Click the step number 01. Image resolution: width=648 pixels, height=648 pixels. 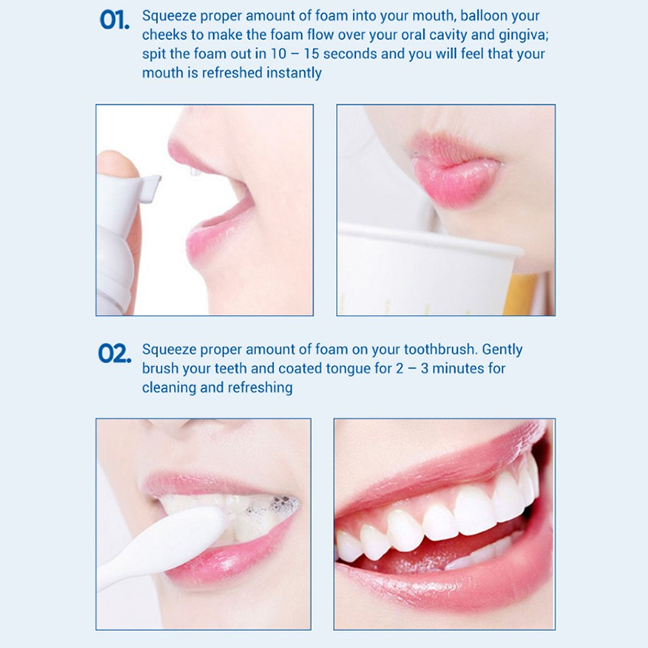(115, 20)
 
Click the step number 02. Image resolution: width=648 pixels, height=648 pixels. (115, 354)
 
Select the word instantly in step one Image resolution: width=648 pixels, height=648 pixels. (294, 73)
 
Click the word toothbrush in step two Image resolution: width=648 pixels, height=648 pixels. (440, 349)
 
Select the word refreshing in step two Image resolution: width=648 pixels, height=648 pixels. (260, 388)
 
